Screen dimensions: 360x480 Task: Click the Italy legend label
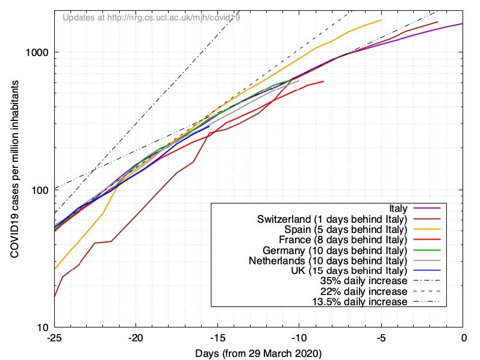(x=397, y=208)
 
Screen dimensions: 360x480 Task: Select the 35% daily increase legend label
(x=364, y=281)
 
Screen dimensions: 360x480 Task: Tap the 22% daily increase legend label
(x=364, y=291)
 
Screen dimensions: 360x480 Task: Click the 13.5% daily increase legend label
(x=360, y=302)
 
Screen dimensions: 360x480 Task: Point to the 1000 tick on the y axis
(x=38, y=52)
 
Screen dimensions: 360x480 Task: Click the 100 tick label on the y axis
(x=40, y=190)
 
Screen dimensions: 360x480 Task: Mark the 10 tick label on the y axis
(x=43, y=328)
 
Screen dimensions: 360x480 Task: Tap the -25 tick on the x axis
(x=54, y=338)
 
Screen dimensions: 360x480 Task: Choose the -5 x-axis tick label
(x=381, y=338)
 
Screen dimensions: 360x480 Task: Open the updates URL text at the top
(x=151, y=17)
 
